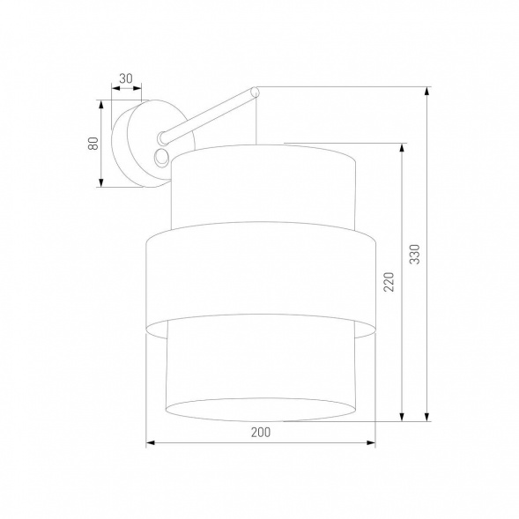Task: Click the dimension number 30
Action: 126,78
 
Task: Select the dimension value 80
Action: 91,144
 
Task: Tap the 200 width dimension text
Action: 260,432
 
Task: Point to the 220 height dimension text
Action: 388,281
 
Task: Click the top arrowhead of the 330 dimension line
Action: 426,91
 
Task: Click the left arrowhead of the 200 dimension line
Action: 151,442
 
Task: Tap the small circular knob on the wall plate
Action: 160,157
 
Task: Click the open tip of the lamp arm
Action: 254,90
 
